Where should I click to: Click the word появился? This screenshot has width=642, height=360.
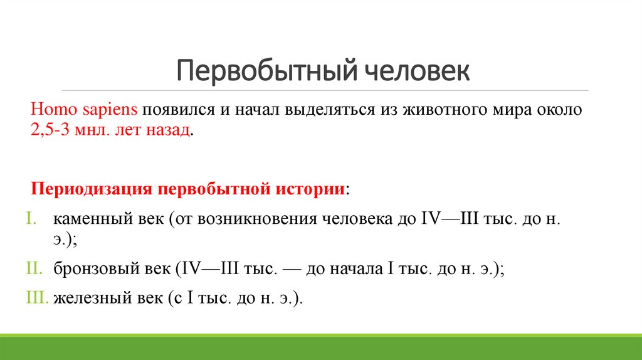pyautogui.click(x=174, y=110)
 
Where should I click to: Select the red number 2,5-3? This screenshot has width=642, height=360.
pyautogui.click(x=50, y=132)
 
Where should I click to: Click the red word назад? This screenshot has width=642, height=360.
pyautogui.click(x=168, y=132)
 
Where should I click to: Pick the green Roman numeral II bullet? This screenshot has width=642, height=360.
pyautogui.click(x=34, y=269)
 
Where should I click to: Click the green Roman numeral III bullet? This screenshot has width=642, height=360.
pyautogui.click(x=38, y=299)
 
